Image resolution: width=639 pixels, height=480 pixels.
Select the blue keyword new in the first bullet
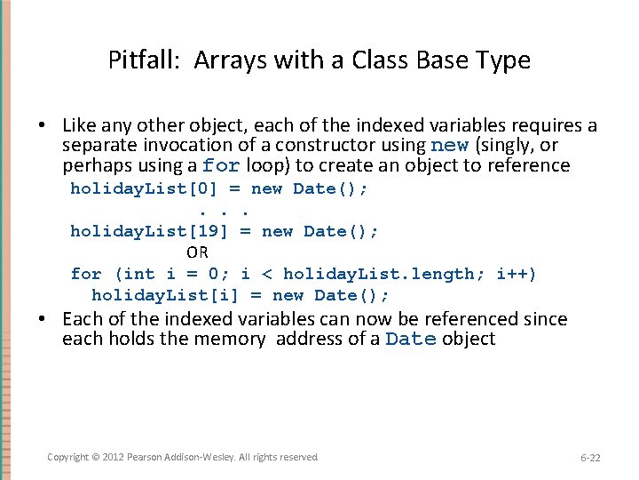click(450, 146)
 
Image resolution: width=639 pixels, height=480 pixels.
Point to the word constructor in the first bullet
click(326, 145)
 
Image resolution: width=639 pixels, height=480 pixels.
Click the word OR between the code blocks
click(197, 252)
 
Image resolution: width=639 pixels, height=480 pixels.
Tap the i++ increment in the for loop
click(516, 274)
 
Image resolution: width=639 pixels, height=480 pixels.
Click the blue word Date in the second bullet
click(411, 340)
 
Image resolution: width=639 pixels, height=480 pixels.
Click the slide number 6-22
click(590, 458)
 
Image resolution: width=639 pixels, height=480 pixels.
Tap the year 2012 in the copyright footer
click(114, 457)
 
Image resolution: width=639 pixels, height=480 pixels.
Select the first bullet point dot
click(51, 126)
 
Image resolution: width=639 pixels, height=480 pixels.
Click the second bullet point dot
click(51, 319)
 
